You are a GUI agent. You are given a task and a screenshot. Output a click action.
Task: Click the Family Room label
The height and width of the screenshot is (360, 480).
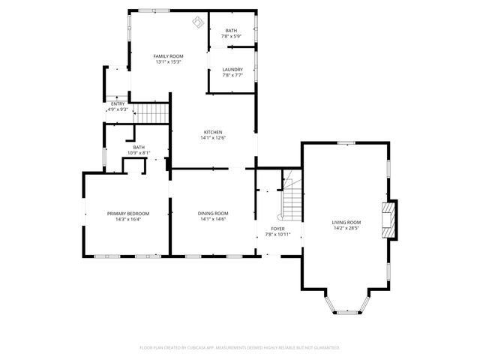[x=169, y=56]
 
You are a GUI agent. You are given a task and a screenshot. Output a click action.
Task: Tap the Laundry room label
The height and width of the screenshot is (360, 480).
[x=232, y=70]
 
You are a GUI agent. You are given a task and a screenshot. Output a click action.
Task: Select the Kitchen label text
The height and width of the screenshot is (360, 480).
[x=213, y=132]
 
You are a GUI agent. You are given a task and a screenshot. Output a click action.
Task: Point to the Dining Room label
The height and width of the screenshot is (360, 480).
[x=213, y=214]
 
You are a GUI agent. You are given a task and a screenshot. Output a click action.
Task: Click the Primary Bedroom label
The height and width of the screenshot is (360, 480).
[x=127, y=214]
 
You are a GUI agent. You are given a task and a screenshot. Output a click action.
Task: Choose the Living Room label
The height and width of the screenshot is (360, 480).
[x=346, y=222]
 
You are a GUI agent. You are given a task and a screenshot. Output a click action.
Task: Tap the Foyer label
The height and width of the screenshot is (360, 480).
[x=277, y=228]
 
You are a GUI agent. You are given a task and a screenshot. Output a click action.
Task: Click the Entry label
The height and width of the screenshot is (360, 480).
[x=118, y=103]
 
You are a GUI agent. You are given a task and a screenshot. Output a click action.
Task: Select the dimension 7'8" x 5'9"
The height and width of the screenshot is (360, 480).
[x=232, y=37]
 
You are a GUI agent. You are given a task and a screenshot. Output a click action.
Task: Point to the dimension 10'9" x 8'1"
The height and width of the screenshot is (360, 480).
[x=139, y=153]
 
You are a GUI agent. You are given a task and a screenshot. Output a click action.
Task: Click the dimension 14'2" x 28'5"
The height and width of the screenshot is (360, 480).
[x=346, y=228]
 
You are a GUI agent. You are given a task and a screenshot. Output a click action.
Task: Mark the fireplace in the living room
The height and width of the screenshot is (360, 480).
[x=389, y=219]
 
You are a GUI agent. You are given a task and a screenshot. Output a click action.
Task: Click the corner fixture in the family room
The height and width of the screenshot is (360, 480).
[x=199, y=22]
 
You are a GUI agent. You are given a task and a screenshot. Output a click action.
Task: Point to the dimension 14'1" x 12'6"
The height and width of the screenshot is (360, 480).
[x=213, y=138]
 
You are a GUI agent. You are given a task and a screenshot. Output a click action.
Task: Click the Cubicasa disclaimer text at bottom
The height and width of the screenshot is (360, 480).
[x=240, y=347]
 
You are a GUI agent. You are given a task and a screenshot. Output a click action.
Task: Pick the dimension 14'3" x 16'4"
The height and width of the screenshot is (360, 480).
[x=127, y=220]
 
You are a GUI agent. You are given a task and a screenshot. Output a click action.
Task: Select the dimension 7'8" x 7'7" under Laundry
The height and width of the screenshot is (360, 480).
[x=232, y=75]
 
